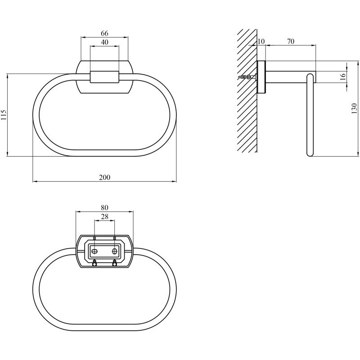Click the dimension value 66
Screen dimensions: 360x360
click(104, 33)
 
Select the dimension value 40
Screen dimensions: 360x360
click(104, 42)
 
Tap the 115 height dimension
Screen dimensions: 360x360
click(4, 115)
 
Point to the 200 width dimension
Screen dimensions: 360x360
click(105, 177)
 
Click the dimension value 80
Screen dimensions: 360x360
click(104, 207)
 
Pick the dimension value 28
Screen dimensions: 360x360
click(104, 216)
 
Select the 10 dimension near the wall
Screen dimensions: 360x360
click(261, 41)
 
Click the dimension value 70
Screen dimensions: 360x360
click(290, 41)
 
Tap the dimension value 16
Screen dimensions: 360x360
click(343, 76)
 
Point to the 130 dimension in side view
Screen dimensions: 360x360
click(355, 108)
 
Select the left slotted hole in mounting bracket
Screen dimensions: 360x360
click(93, 252)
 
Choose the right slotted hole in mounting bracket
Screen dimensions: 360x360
click(114, 252)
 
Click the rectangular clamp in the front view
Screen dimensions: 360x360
click(104, 77)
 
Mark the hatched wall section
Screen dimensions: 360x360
click(247, 91)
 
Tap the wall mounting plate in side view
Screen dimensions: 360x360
click(261, 77)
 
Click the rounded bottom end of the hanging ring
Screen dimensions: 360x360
click(310, 153)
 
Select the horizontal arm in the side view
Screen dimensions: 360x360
click(291, 77)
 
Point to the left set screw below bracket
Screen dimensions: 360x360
click(94, 263)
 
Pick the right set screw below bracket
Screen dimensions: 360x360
click(114, 263)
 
